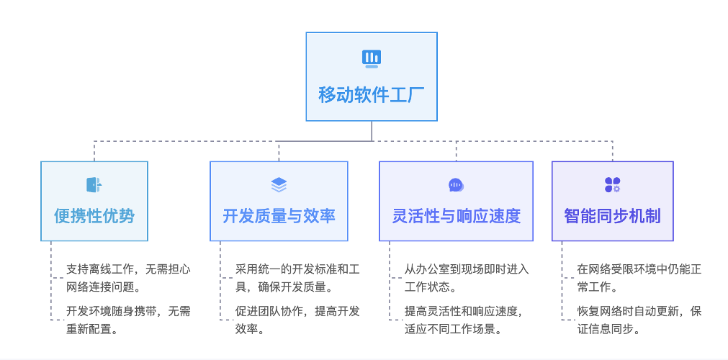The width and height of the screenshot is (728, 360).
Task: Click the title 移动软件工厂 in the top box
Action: pyautogui.click(x=371, y=95)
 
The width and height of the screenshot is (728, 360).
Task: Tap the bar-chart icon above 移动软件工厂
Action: pyautogui.click(x=371, y=58)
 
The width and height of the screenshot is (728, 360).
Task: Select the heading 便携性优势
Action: pyautogui.click(x=94, y=215)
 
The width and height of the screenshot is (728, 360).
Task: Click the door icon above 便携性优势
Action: pyautogui.click(x=94, y=185)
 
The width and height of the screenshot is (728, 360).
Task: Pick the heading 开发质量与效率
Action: pyautogui.click(x=279, y=215)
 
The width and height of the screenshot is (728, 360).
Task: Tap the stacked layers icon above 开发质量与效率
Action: pyautogui.click(x=279, y=185)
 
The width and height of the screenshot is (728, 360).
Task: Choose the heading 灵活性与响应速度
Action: pyautogui.click(x=456, y=215)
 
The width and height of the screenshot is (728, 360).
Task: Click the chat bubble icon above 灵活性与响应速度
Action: pyautogui.click(x=456, y=185)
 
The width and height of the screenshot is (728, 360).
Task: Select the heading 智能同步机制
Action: pyautogui.click(x=612, y=215)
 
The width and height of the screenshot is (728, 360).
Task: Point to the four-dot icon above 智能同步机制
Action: pyautogui.click(x=612, y=185)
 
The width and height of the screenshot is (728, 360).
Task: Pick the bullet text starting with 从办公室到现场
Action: pyautogui.click(x=467, y=277)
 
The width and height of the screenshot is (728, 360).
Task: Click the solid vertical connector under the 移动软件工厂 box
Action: pyautogui.click(x=372, y=131)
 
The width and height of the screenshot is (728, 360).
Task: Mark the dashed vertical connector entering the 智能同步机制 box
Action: pyautogui.click(x=613, y=150)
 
